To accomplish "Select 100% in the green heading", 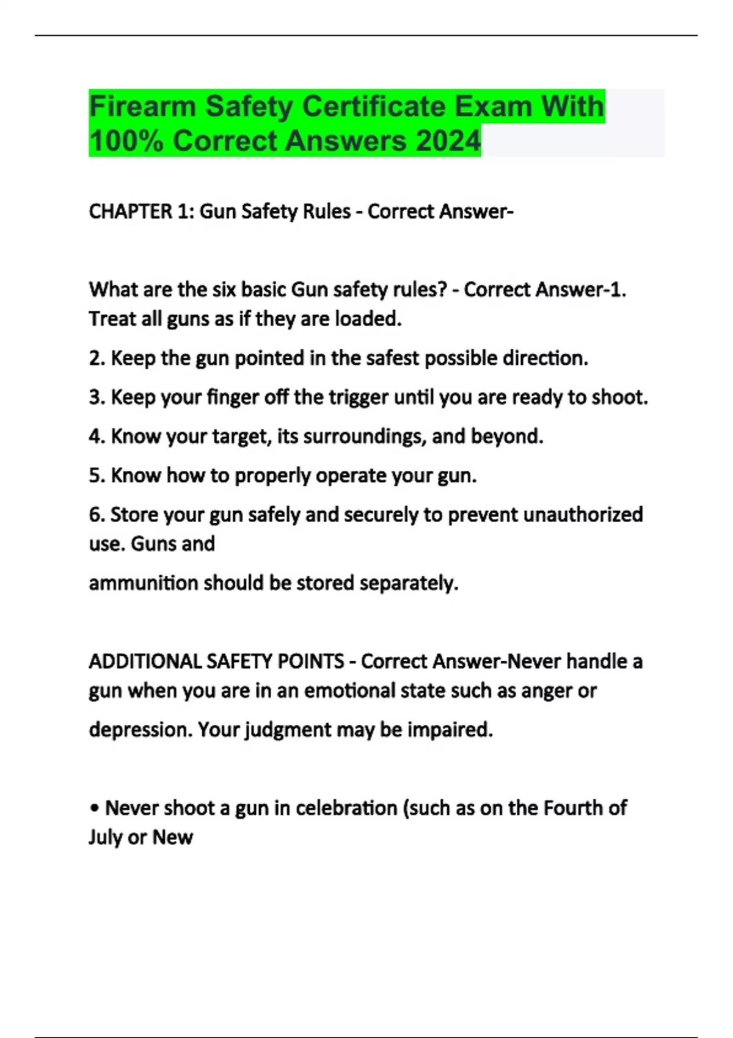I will pyautogui.click(x=126, y=141).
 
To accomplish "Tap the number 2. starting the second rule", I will pyautogui.click(x=97, y=358).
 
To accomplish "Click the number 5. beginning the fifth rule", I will pyautogui.click(x=97, y=476).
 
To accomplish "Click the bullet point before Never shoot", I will pyautogui.click(x=94, y=808).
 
